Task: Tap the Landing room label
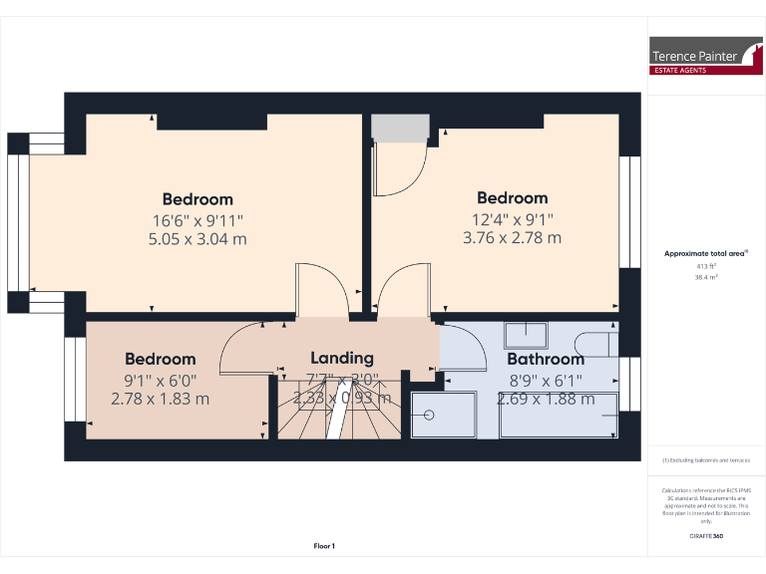click(342, 358)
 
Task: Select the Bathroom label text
click(545, 359)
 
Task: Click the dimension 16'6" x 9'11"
click(197, 219)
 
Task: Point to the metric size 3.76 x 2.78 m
click(512, 237)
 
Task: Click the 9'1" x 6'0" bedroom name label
click(161, 359)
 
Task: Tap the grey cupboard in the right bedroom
click(399, 127)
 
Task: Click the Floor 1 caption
click(324, 546)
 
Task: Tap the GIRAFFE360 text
click(706, 537)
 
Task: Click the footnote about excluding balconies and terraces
click(706, 459)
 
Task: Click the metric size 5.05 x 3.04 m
click(197, 239)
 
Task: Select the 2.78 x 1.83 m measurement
click(161, 399)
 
